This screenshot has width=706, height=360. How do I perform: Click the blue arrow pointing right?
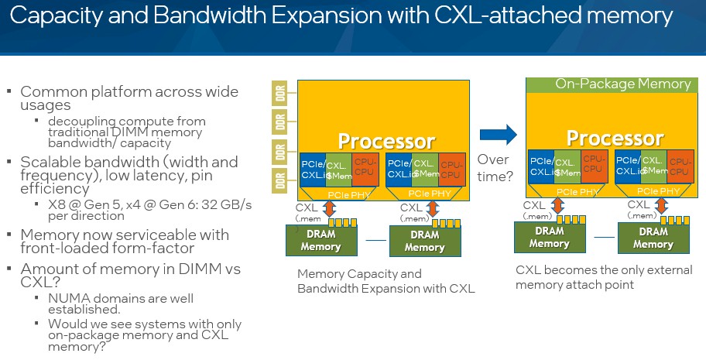(497, 135)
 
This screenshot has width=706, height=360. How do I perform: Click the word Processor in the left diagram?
(386, 141)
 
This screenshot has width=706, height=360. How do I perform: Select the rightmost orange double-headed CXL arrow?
(663, 206)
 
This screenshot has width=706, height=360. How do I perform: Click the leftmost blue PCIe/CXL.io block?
(312, 168)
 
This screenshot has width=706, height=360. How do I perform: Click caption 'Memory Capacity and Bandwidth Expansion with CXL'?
(386, 280)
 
